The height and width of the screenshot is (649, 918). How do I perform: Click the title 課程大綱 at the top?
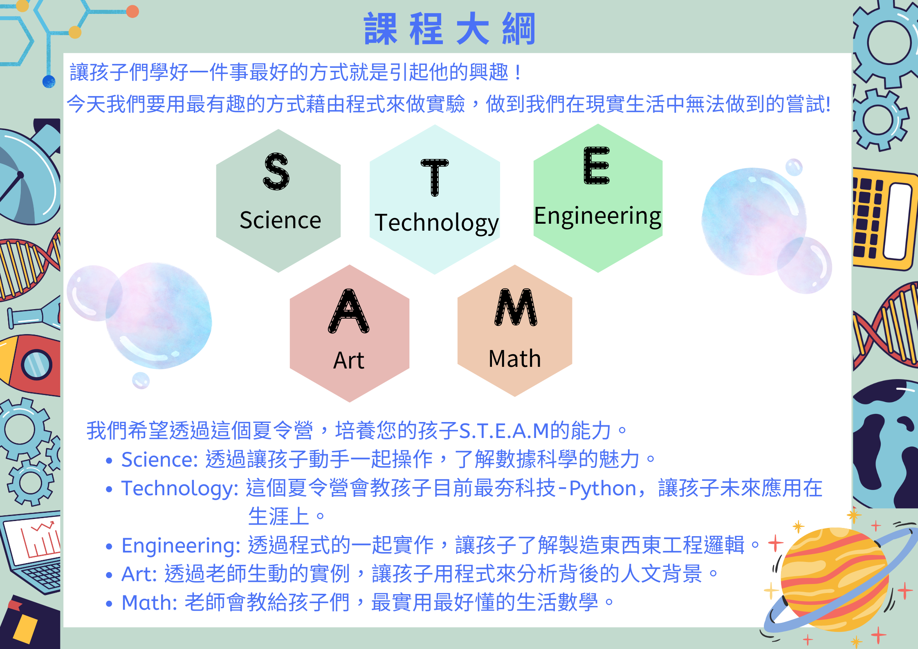449,29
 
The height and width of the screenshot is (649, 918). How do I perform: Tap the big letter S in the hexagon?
276,171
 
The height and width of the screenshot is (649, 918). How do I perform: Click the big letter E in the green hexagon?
597,165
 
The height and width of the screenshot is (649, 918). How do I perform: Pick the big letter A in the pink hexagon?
349,311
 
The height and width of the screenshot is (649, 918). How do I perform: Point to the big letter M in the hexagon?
516,307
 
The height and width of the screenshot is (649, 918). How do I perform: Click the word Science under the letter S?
281,220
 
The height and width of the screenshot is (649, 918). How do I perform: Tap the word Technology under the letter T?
437,223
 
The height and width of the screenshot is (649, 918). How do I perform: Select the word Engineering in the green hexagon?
598,217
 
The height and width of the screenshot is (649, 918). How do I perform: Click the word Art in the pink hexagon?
349,360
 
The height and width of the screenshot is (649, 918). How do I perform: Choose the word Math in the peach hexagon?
515,359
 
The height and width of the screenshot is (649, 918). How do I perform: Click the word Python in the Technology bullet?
603,489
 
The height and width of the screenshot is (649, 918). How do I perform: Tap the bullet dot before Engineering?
109,546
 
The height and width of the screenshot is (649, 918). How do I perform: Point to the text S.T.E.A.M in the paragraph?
504,431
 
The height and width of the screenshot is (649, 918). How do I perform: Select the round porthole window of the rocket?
36,365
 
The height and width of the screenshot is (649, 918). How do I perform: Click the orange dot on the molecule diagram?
132,11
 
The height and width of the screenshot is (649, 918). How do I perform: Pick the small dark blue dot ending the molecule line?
49,81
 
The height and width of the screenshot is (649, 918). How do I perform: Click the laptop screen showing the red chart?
34,540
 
